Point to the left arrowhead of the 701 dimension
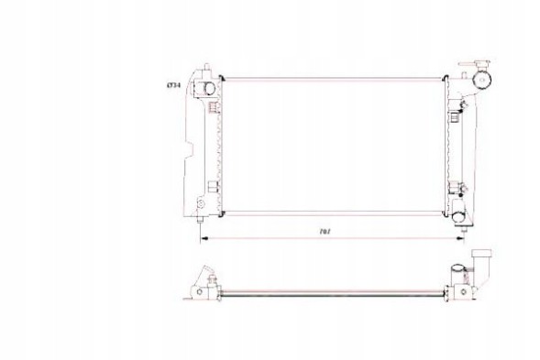click(x=204, y=235)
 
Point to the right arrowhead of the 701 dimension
click(x=456, y=235)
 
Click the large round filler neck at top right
click(x=479, y=80)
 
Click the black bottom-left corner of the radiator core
click(x=221, y=212)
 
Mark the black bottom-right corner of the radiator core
click(x=449, y=212)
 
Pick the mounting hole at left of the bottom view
click(x=196, y=293)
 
